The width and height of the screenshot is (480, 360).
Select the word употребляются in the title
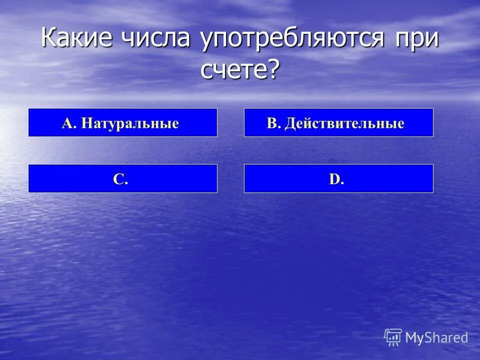pyautogui.click(x=292, y=39)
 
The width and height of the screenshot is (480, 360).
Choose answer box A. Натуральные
pyautogui.click(x=123, y=122)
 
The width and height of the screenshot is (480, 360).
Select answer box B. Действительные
pyautogui.click(x=338, y=122)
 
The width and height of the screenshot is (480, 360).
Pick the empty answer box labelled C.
pyautogui.click(x=123, y=178)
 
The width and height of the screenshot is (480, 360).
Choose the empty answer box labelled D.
pyautogui.click(x=338, y=178)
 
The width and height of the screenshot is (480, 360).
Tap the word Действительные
pyautogui.click(x=344, y=123)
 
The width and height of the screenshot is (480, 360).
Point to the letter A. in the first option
pyautogui.click(x=69, y=123)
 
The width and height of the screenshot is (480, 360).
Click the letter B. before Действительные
pyautogui.click(x=273, y=123)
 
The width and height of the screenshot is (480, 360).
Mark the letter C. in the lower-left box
pyautogui.click(x=120, y=179)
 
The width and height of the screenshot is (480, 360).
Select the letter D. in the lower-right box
pyautogui.click(x=336, y=179)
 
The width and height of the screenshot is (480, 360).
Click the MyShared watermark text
pyautogui.click(x=436, y=338)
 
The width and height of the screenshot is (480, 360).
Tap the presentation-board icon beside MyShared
pyautogui.click(x=393, y=336)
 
